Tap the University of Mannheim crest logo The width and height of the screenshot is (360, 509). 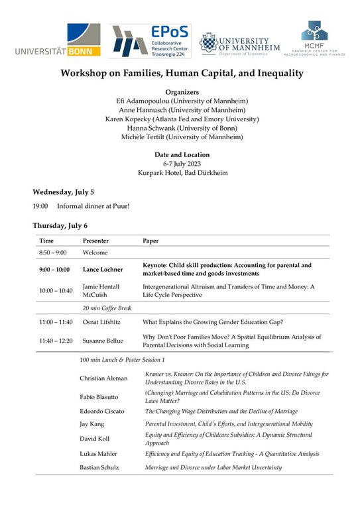240,42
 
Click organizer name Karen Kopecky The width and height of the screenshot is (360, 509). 131,119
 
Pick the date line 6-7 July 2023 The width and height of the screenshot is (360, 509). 180,164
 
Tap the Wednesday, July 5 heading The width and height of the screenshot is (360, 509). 64,192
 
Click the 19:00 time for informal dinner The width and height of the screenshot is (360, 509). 40,206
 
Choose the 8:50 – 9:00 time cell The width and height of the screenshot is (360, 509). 53,253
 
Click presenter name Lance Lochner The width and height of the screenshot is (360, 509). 105,270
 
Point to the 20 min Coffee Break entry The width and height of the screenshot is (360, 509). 108,308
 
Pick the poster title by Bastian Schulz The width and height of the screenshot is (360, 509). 213,467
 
